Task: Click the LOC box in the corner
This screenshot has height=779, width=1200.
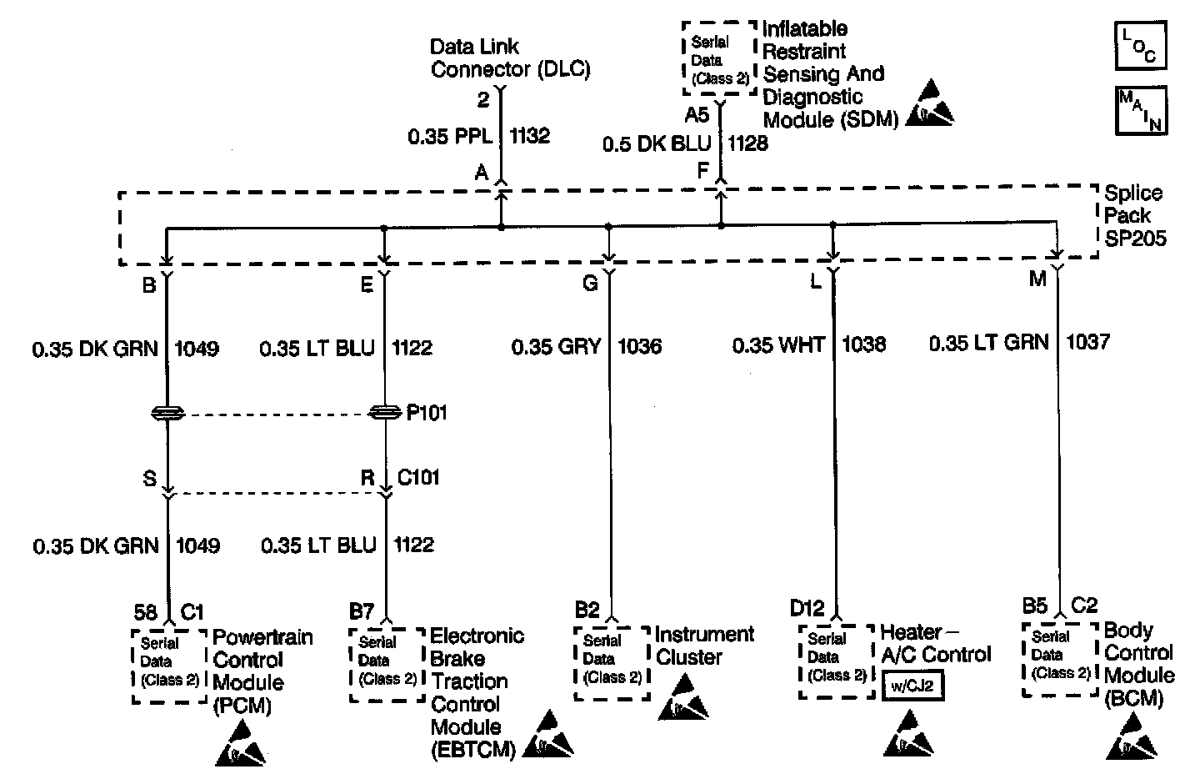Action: [x=1140, y=46]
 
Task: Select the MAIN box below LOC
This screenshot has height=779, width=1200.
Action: [x=1140, y=109]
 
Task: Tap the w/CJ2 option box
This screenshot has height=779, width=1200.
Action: [x=912, y=688]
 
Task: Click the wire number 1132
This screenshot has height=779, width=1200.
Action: [x=530, y=136]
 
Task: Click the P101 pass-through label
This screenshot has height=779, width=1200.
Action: [x=427, y=413]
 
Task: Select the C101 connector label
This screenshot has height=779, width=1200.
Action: [x=418, y=478]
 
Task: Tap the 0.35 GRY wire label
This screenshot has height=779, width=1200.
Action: [x=556, y=345]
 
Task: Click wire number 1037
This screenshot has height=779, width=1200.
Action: [x=1087, y=342]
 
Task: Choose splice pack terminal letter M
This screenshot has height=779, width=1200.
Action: [x=1037, y=279]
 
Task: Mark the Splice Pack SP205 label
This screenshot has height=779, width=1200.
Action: [x=1134, y=216]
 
